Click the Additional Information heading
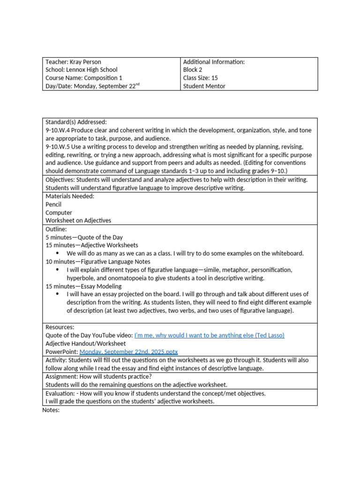[x=214, y=62]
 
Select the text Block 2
[x=193, y=70]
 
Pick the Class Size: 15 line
[x=200, y=78]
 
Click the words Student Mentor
[x=204, y=86]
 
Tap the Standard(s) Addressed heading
[x=76, y=122]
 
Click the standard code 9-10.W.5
[x=58, y=147]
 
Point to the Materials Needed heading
[x=70, y=196]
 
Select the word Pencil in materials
[x=53, y=204]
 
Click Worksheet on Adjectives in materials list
[x=78, y=220]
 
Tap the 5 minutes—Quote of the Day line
[x=84, y=237]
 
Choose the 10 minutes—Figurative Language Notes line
[x=98, y=262]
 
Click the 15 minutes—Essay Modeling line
[x=83, y=286]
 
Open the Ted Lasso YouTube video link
[x=209, y=335]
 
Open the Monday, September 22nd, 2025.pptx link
[x=128, y=352]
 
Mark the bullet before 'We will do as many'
[x=57, y=254]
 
